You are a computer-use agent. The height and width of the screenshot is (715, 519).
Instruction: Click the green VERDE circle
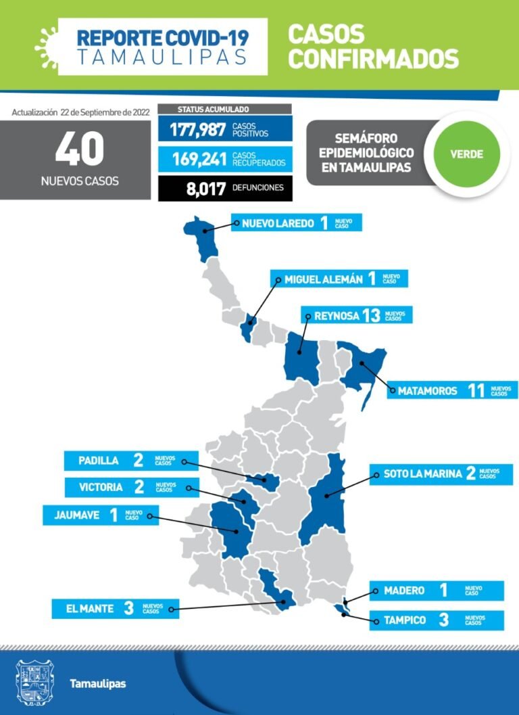pos(466,154)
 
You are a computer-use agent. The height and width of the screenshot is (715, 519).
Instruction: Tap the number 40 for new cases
pos(79,149)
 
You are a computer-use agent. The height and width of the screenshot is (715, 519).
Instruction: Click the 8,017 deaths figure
pos(205,188)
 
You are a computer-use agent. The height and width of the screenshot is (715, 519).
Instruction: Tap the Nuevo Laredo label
pos(278,223)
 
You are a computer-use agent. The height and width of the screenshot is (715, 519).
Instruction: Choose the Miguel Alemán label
pos(323,279)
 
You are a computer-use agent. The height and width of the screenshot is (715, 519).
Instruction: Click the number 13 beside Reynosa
pos(371,315)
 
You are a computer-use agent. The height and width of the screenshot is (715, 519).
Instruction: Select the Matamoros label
pos(427,390)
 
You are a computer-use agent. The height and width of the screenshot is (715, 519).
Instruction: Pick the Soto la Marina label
pos(423,474)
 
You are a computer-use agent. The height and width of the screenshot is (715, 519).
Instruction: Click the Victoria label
pos(100,487)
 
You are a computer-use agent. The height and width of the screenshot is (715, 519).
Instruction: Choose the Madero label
pos(404,591)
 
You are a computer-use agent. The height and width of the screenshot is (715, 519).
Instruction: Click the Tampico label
pos(403,620)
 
